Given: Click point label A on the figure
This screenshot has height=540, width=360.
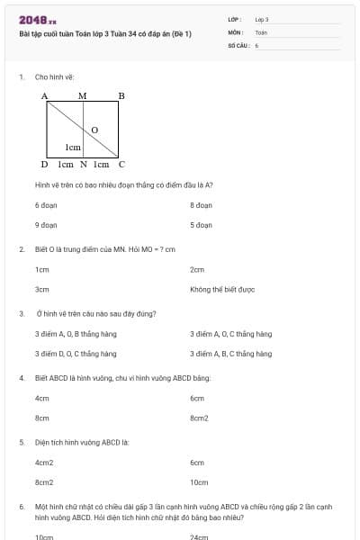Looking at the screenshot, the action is pyautogui.click(x=44, y=95).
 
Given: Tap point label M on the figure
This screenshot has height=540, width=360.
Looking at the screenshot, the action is pyautogui.click(x=83, y=95).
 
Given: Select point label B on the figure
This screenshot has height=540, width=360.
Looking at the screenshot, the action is pyautogui.click(x=121, y=95).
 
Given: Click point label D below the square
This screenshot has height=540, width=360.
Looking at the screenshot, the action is pyautogui.click(x=44, y=165).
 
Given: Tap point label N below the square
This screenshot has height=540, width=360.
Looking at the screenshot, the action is pyautogui.click(x=83, y=165).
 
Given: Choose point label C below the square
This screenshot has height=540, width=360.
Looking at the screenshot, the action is pyautogui.click(x=121, y=165).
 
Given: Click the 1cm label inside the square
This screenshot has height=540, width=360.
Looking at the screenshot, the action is pyautogui.click(x=73, y=147).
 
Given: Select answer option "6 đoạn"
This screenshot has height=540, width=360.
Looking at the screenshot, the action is pyautogui.click(x=46, y=205).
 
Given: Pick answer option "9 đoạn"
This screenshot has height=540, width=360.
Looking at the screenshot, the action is pyautogui.click(x=46, y=225).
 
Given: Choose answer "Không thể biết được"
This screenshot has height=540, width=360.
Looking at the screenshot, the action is pyautogui.click(x=222, y=290).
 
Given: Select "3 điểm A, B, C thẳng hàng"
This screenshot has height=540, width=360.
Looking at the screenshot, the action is pyautogui.click(x=230, y=354).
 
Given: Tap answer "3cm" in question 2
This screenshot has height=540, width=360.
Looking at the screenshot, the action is pyautogui.click(x=41, y=290).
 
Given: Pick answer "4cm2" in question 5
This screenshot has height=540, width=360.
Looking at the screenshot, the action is pyautogui.click(x=44, y=463).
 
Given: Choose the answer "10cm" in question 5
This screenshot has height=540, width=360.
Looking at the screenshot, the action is pyautogui.click(x=199, y=482).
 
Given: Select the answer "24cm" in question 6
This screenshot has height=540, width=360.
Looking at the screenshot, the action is pyautogui.click(x=199, y=537).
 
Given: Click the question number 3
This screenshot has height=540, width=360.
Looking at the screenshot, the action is pyautogui.click(x=21, y=313).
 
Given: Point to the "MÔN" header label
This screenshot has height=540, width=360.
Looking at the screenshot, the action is pyautogui.click(x=235, y=31).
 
